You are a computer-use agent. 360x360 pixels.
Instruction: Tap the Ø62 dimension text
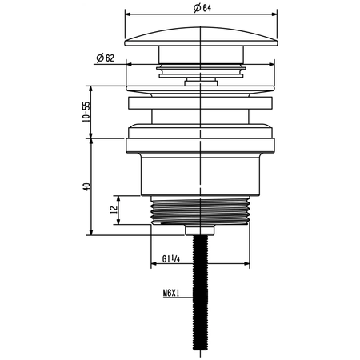coord(105,58)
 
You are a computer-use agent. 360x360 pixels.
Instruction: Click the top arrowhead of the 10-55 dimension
coord(93,90)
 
